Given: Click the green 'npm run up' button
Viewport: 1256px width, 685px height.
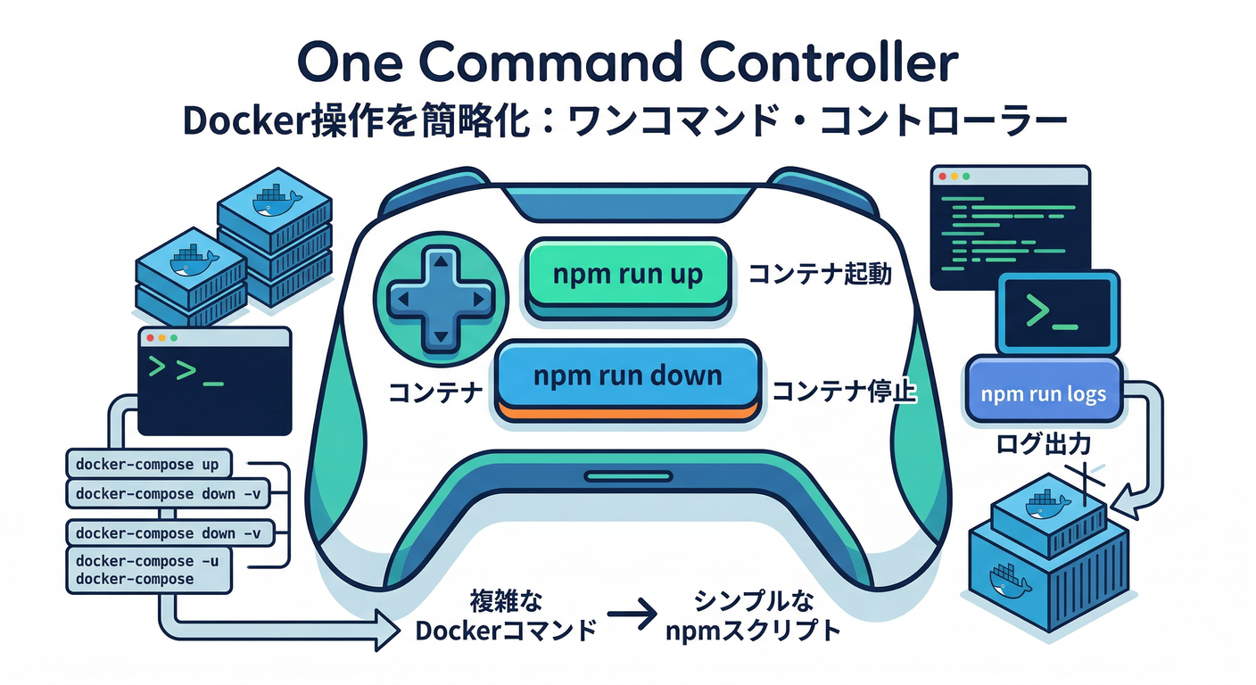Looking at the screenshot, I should [627, 275].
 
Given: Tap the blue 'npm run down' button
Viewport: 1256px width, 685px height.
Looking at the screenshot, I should [627, 376].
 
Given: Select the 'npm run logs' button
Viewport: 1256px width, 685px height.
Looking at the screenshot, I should [1043, 393].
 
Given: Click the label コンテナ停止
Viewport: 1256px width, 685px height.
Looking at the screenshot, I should [844, 392].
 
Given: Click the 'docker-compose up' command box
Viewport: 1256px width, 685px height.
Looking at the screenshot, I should [148, 464].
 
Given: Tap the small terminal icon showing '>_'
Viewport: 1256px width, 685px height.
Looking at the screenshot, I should [1056, 312].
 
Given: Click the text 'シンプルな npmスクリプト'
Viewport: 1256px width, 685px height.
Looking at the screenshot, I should [754, 616].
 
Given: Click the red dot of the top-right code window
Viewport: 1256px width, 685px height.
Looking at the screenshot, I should [940, 177].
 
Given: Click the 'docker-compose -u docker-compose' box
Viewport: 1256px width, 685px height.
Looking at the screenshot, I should [148, 570].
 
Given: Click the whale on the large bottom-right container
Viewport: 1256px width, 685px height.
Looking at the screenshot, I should [1009, 581].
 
